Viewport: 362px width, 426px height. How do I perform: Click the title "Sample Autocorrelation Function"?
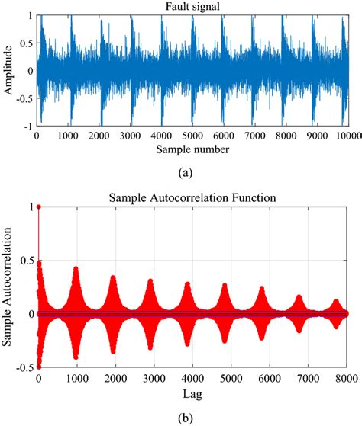pyautogui.click(x=191, y=197)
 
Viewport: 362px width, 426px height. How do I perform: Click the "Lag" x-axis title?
pyautogui.click(x=191, y=395)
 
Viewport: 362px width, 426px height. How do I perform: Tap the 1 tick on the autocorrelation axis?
pyautogui.click(x=31, y=207)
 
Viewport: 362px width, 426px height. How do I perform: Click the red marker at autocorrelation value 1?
pyautogui.click(x=38, y=207)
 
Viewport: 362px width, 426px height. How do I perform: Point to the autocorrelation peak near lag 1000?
pyautogui.click(x=75, y=268)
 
